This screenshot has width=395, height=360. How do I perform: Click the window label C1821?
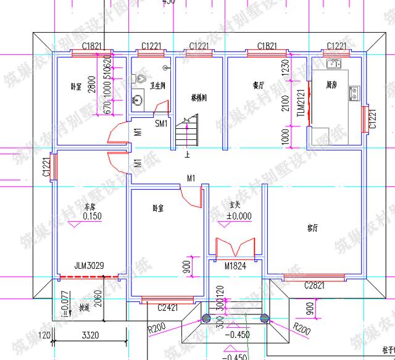tap(92, 46)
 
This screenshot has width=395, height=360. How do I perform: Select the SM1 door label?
tap(161, 123)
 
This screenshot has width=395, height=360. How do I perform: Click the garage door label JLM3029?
tap(89, 267)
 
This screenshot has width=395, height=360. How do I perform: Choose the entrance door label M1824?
tap(236, 266)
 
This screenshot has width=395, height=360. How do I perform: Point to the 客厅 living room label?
tap(313, 228)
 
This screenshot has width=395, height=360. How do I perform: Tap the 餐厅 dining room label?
tap(259, 84)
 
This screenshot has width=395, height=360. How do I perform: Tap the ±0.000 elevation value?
tap(239, 216)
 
